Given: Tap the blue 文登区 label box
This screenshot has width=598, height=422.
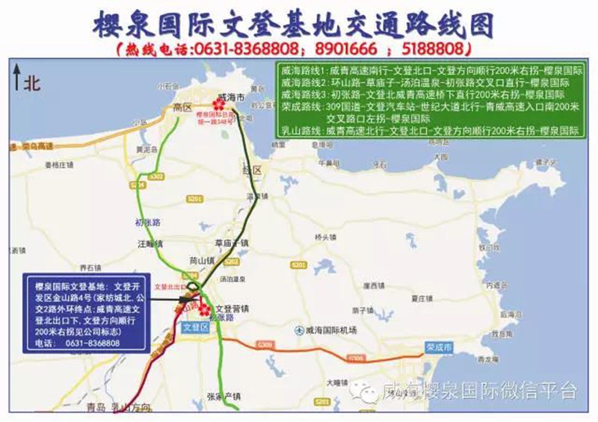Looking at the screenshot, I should point(194,326).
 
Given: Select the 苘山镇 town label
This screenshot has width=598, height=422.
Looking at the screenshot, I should point(202,260).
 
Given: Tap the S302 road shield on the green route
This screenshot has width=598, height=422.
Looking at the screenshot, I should point(156,176).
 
